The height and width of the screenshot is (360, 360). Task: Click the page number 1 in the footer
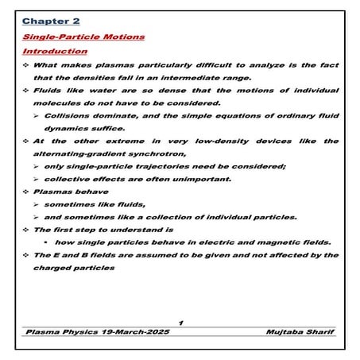pyautogui.click(x=181, y=321)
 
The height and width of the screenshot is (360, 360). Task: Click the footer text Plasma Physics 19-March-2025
pyautogui.click(x=97, y=331)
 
